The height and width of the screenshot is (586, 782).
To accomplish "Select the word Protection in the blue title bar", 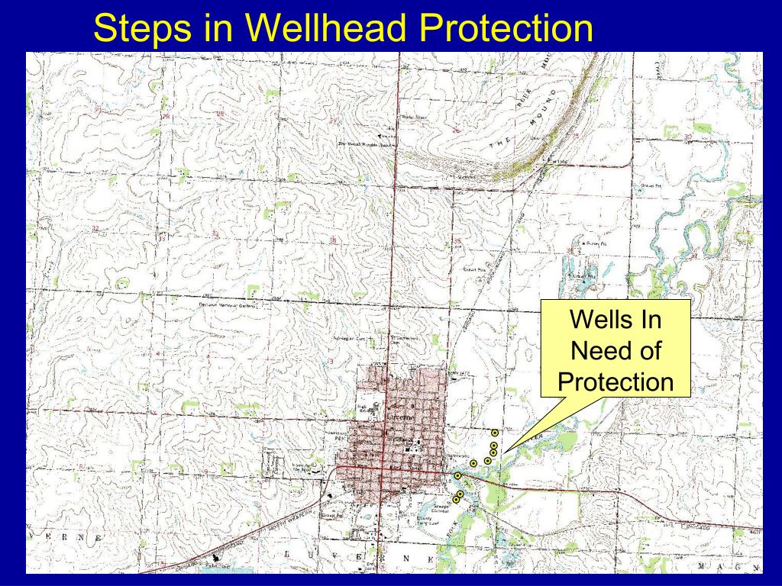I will click(x=506, y=28).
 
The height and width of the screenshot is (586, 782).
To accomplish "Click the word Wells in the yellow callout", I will click(x=616, y=320).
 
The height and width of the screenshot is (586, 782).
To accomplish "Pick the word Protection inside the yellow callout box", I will click(x=616, y=382).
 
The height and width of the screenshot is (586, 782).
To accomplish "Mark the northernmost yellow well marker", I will click(x=495, y=433).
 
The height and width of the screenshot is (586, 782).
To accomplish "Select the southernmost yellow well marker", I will click(x=456, y=499).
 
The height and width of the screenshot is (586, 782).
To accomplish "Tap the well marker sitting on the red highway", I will click(x=457, y=475).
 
